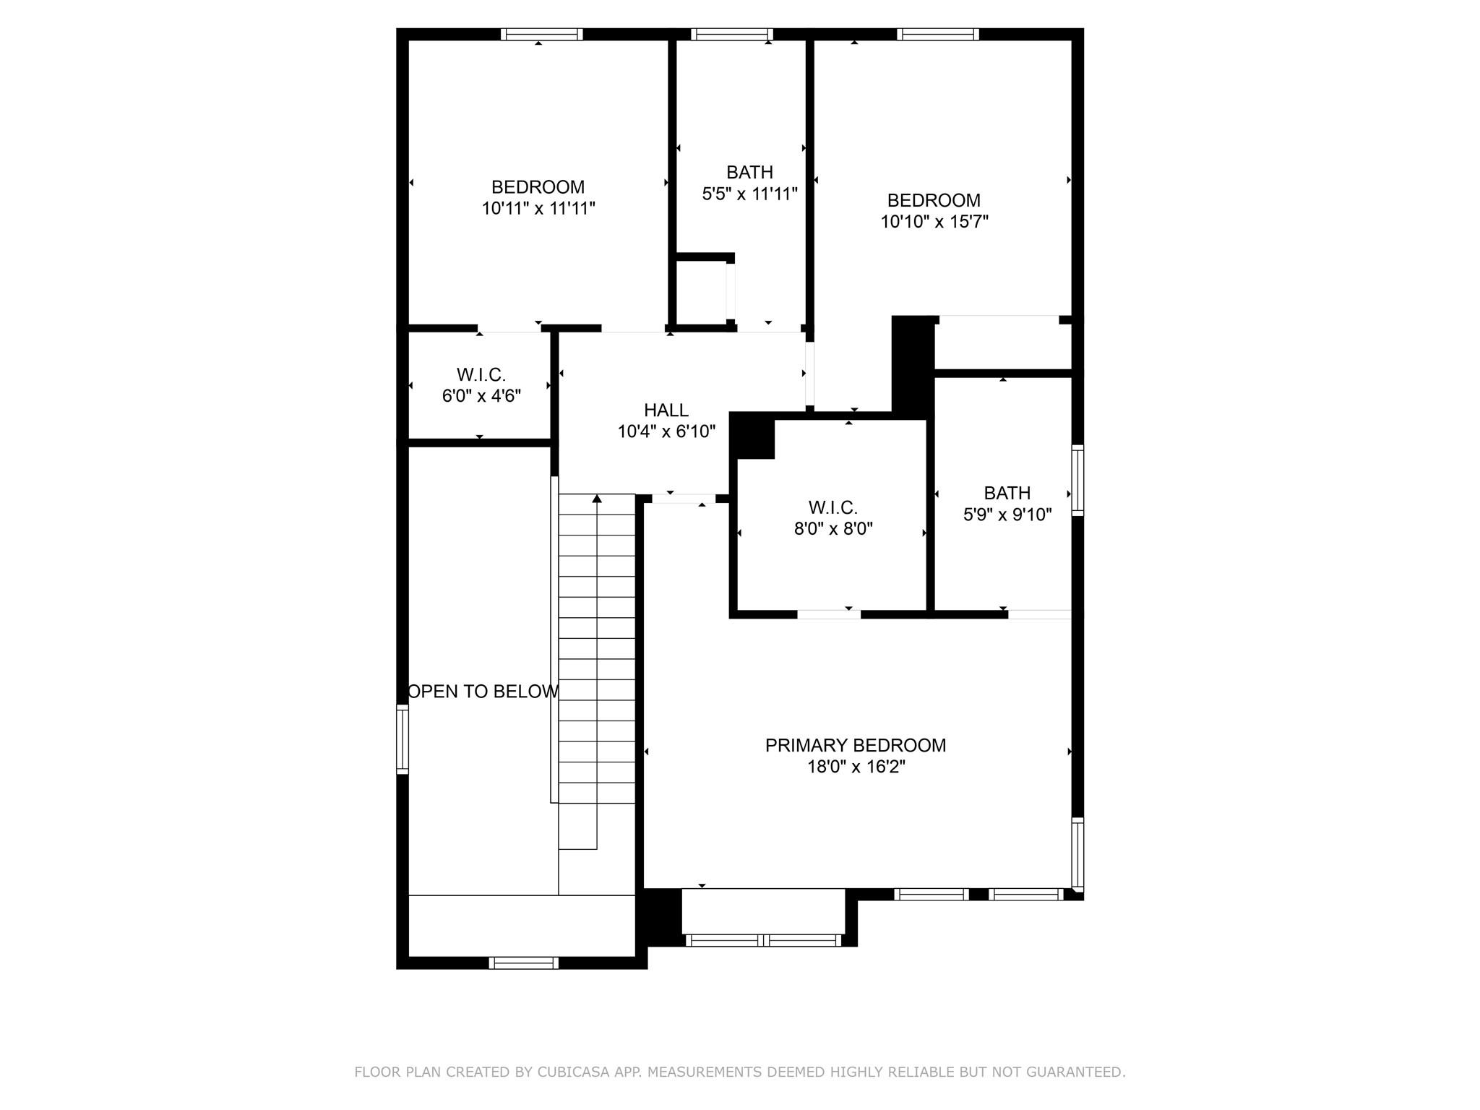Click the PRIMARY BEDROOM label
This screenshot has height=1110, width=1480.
[855, 745]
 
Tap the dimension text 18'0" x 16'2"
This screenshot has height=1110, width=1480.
[856, 767]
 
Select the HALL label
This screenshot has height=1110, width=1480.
[666, 410]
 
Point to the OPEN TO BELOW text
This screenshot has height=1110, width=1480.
[483, 692]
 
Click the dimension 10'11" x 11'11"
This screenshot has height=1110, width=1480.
[538, 209]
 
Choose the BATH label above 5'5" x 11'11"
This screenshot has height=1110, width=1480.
[749, 172]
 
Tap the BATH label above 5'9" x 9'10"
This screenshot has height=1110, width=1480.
[1007, 493]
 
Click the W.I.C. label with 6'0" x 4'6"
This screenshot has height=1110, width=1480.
[481, 374]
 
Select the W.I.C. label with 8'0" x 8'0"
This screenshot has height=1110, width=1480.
[832, 507]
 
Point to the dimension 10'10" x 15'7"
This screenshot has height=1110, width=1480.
[934, 222]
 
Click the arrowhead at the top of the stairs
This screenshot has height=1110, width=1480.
[597, 499]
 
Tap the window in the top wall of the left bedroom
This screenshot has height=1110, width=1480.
[541, 34]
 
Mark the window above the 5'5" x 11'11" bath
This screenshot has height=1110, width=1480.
[731, 34]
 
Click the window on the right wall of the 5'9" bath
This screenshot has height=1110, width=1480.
[1077, 480]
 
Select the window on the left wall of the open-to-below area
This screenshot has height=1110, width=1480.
[403, 739]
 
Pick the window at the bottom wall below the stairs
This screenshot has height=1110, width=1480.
[523, 963]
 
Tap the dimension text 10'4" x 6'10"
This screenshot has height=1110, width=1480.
[666, 432]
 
